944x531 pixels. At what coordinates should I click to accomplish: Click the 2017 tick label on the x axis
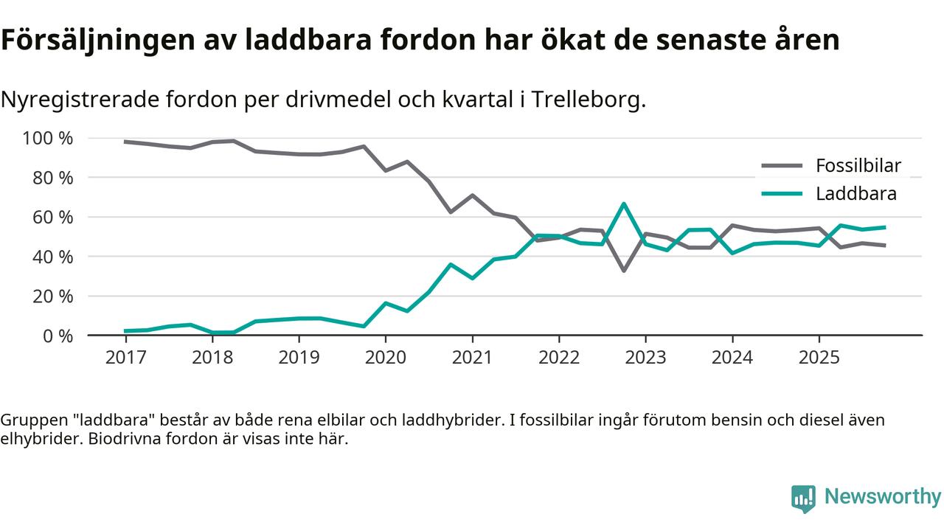[x=125, y=358]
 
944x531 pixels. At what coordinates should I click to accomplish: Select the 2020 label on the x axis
[x=386, y=358]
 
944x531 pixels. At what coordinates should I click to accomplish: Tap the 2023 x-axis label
[x=645, y=358]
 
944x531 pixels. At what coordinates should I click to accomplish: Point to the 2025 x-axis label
[x=819, y=358]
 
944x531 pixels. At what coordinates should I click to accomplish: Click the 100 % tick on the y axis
[x=48, y=139]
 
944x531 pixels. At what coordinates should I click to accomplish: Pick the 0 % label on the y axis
[x=58, y=336]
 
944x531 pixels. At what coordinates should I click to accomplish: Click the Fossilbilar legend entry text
[x=858, y=166]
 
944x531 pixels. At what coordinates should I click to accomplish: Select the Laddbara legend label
[x=855, y=194]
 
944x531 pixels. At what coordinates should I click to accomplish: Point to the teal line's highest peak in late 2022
[x=624, y=204]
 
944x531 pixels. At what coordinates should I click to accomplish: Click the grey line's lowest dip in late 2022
[x=624, y=271]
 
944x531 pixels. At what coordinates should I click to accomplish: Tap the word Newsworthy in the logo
[x=882, y=497]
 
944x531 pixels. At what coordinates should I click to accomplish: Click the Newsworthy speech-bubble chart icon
[x=803, y=499]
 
